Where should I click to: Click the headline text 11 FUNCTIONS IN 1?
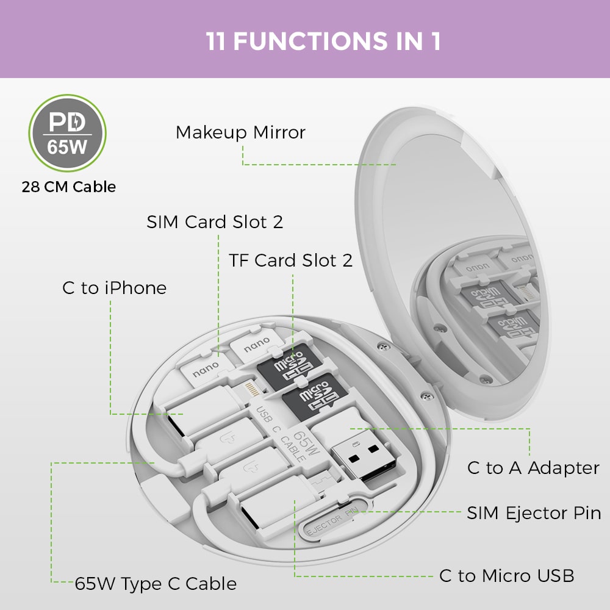[x=323, y=41]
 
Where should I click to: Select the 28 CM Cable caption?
[x=68, y=187]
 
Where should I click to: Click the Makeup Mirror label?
[x=240, y=132]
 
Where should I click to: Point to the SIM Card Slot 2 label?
[x=215, y=222]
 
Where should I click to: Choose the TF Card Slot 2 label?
[x=291, y=260]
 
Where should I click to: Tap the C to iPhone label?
[x=114, y=288]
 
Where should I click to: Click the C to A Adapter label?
[x=533, y=468]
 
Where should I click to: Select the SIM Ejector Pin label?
[x=534, y=513]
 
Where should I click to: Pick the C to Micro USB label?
[x=506, y=575]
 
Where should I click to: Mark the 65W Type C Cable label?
[x=156, y=584]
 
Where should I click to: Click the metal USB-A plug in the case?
[x=360, y=457]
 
